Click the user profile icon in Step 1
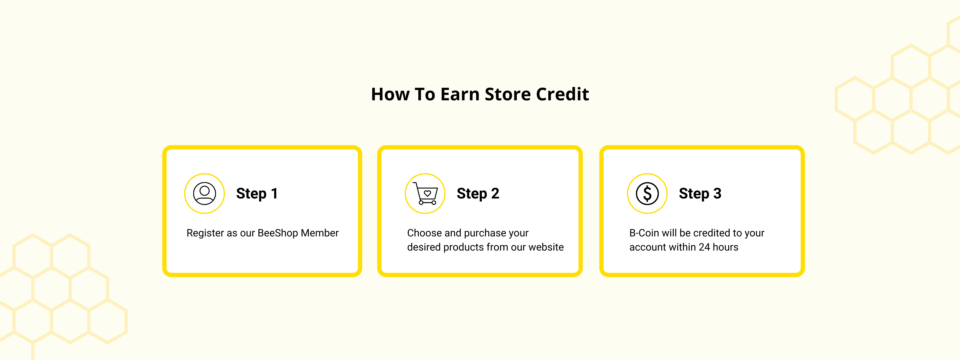(204, 193)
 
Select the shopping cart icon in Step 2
(425, 193)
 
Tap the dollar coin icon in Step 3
(647, 193)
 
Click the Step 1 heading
(257, 193)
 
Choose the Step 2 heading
(478, 193)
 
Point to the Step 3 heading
(700, 193)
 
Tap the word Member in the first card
(320, 233)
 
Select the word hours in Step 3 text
(726, 247)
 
